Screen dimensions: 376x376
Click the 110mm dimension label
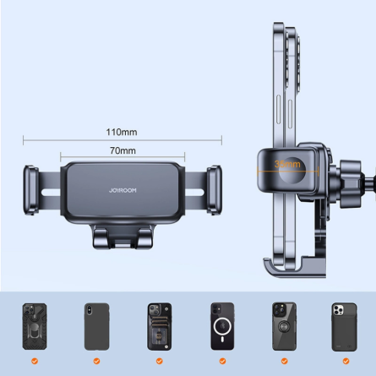pyautogui.click(x=123, y=132)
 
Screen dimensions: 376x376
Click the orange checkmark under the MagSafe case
pyautogui.click(x=219, y=361)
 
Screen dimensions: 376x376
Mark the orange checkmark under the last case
pyautogui.click(x=343, y=361)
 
